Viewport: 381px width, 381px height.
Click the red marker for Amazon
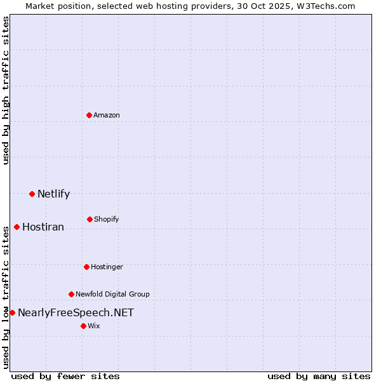(90, 115)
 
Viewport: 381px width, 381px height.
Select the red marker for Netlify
(32, 194)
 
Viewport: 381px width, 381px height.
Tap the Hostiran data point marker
(17, 227)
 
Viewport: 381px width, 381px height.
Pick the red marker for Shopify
(90, 219)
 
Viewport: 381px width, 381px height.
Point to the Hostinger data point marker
(86, 267)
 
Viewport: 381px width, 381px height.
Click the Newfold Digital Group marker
(71, 294)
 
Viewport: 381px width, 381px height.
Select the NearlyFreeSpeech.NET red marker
(12, 312)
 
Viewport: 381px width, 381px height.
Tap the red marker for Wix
(83, 326)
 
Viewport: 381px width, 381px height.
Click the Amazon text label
(107, 115)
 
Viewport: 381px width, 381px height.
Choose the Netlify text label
(53, 194)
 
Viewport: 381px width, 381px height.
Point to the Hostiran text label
(43, 227)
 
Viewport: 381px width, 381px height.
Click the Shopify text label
(107, 219)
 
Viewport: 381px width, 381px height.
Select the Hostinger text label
(107, 267)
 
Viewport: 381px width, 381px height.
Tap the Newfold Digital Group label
(112, 294)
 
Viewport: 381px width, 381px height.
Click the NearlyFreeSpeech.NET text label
(76, 312)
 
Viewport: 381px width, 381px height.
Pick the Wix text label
(94, 326)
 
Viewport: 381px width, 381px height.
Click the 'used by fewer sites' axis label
(65, 376)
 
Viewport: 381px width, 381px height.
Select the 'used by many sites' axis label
(319, 376)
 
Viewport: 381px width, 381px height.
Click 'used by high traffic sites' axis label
(6, 90)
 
